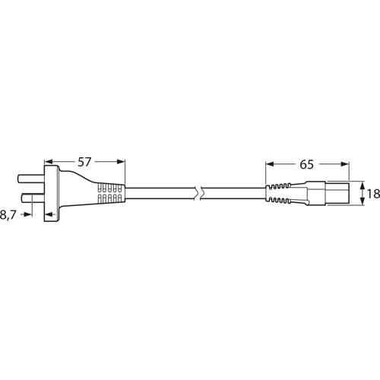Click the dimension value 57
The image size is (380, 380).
[85, 162]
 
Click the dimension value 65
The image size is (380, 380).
[307, 163]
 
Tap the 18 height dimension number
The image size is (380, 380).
[372, 194]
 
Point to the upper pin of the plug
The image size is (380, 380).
[29, 180]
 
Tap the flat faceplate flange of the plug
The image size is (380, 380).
[50, 190]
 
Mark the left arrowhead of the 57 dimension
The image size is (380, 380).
[49, 162]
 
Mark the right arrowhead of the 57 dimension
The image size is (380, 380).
[120, 162]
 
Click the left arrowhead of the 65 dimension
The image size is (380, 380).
[270, 163]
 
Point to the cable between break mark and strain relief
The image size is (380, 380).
[232, 192]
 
